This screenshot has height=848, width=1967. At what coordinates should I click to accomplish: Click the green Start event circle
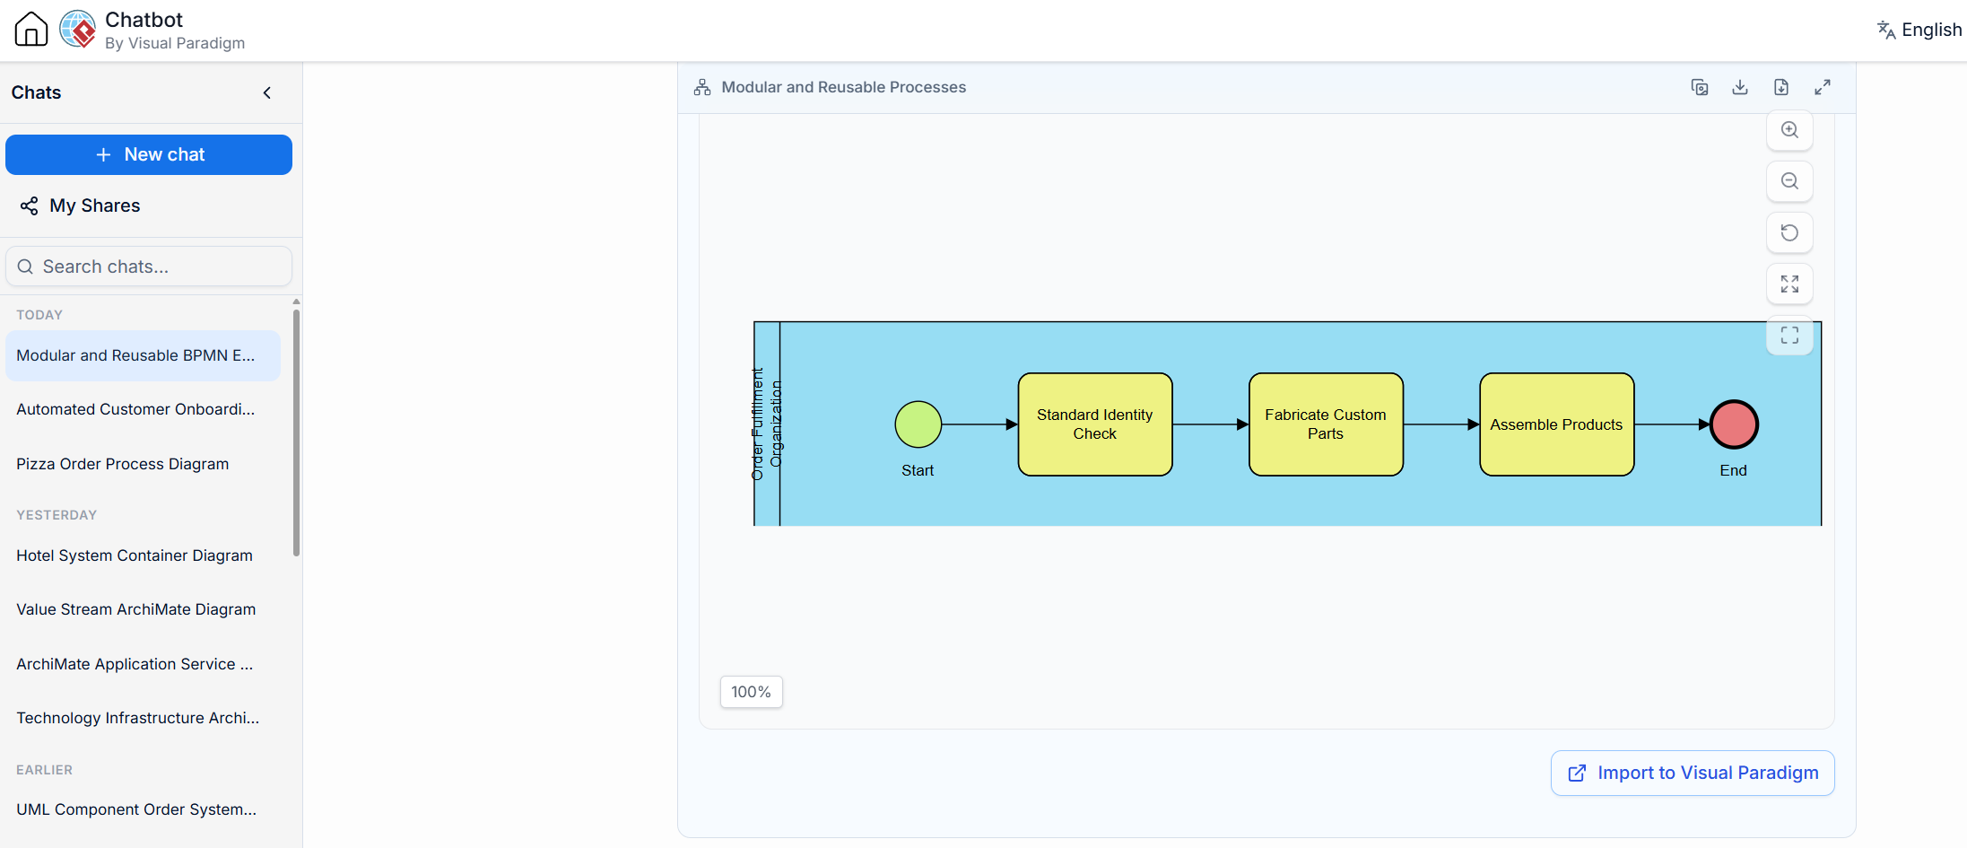click(918, 424)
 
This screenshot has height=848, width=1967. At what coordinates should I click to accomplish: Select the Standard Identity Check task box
click(1094, 424)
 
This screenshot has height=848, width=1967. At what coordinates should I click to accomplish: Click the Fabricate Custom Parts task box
click(1326, 424)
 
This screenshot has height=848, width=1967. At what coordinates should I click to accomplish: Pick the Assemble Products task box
click(1556, 424)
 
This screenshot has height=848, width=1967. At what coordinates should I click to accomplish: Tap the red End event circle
click(1733, 424)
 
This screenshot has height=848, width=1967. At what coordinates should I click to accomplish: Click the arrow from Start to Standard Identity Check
click(979, 424)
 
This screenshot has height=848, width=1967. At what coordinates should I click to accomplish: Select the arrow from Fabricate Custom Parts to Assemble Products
click(1441, 424)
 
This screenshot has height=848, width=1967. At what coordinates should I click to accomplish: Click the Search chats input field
click(149, 267)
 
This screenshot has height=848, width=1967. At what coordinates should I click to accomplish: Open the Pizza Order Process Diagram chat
click(123, 464)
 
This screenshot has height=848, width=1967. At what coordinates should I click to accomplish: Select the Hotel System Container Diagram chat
click(135, 555)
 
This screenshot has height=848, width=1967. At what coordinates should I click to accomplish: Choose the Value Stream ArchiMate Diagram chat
click(136, 609)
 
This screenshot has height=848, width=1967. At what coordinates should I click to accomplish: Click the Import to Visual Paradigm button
click(1693, 773)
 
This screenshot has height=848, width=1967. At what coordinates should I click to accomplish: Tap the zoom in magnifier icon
click(1789, 130)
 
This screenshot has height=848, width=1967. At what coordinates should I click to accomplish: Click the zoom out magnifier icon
click(1789, 181)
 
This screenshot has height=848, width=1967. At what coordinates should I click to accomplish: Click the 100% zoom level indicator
click(752, 692)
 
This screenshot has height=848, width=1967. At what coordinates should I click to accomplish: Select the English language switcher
click(1919, 30)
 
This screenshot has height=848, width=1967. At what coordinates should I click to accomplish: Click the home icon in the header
click(31, 29)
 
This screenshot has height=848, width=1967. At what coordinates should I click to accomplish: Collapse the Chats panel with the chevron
click(266, 92)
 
